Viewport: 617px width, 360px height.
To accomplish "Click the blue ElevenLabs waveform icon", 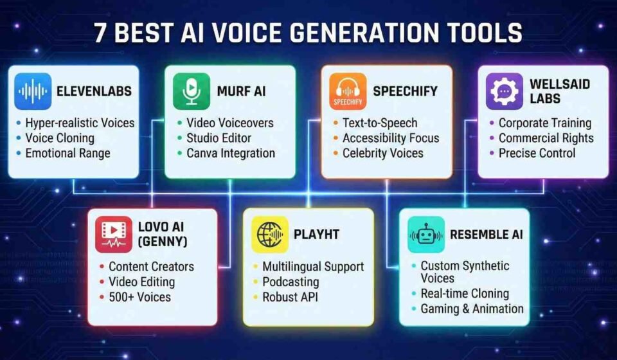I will tap(33, 91).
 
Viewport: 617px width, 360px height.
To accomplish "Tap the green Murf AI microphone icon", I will tap(192, 91).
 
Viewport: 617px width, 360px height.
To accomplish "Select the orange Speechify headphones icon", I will tap(348, 91).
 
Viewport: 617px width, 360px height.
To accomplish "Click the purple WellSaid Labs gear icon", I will tap(505, 91).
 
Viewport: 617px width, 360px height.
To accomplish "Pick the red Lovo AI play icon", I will tap(114, 235).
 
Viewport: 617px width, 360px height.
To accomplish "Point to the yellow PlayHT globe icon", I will tap(270, 235).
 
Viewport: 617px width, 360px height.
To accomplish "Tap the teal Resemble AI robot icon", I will tap(426, 235).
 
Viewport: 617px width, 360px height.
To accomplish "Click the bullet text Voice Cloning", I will tap(60, 138).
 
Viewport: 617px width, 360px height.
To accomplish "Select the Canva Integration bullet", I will tap(230, 154).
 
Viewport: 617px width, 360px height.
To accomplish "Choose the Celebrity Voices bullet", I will tap(382, 154).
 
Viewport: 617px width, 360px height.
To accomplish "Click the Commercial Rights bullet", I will tap(546, 138).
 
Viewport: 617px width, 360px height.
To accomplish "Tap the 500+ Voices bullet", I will tap(139, 297).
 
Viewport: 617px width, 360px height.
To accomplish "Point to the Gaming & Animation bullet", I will tap(472, 309).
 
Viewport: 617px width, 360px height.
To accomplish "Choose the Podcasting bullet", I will tap(291, 282).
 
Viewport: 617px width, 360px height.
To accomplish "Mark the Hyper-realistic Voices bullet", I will tap(80, 123).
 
